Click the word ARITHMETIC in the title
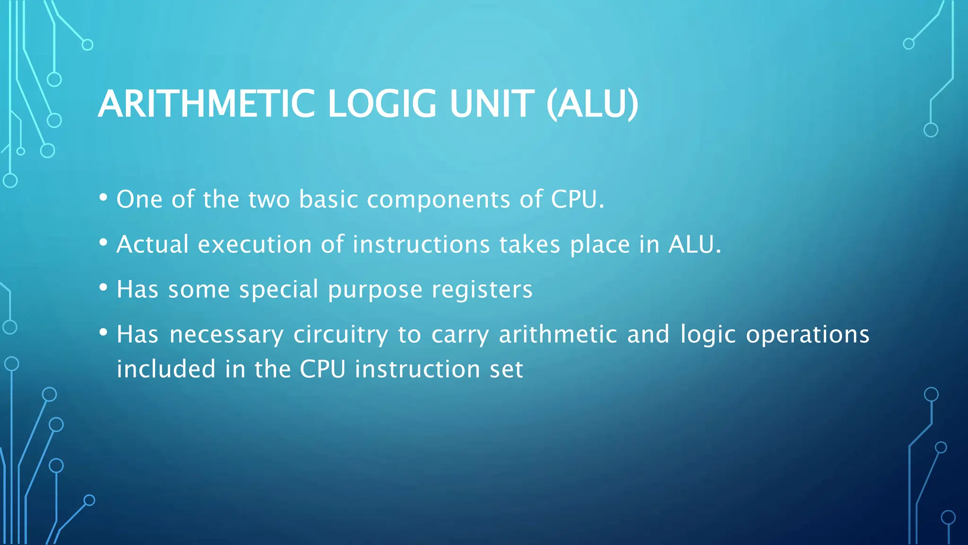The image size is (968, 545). [206, 104]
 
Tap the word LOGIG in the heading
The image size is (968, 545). [382, 104]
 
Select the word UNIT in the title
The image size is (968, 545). [492, 104]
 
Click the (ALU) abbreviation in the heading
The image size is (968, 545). [592, 104]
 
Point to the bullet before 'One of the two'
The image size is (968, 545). [104, 197]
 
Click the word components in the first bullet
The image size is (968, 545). [439, 200]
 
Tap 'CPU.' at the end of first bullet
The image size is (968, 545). [577, 200]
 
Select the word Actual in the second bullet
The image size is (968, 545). [153, 245]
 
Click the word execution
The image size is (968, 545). [255, 245]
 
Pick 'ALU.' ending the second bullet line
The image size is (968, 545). [695, 245]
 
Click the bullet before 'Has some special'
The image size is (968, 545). [104, 287]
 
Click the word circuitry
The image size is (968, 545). [341, 335]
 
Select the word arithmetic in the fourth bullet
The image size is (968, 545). [558, 334]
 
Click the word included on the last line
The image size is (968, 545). [166, 369]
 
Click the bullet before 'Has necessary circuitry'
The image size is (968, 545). [104, 332]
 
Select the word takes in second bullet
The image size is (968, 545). [530, 245]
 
